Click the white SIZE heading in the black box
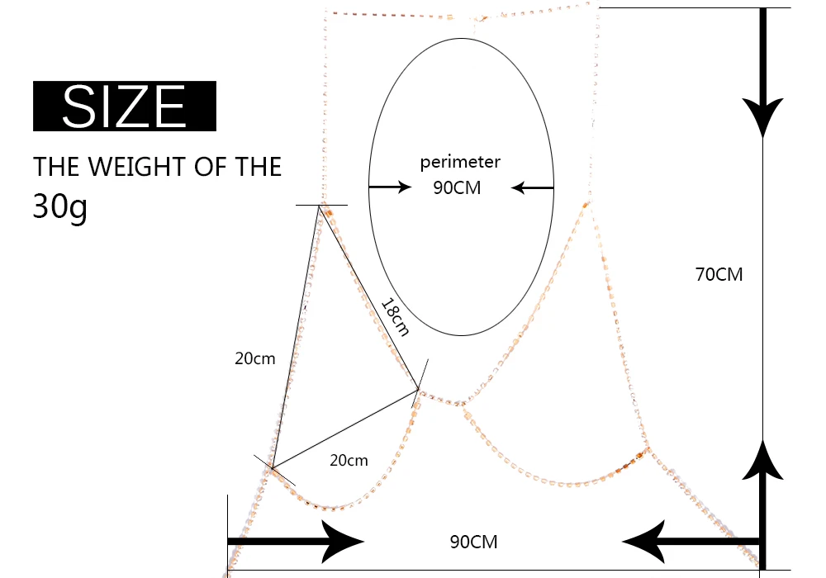pyautogui.click(x=124, y=106)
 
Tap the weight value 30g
pyautogui.click(x=59, y=206)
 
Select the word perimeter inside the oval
pyautogui.click(x=460, y=162)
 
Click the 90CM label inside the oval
pyautogui.click(x=457, y=188)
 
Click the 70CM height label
pyautogui.click(x=719, y=275)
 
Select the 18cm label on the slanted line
pyautogui.click(x=395, y=316)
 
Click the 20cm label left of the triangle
pyautogui.click(x=254, y=358)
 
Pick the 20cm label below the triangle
pyautogui.click(x=349, y=461)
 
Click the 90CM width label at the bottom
pyautogui.click(x=473, y=542)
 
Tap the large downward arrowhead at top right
pyautogui.click(x=762, y=116)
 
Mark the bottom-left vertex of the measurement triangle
pyautogui.click(x=272, y=469)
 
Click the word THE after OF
pyautogui.click(x=254, y=167)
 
